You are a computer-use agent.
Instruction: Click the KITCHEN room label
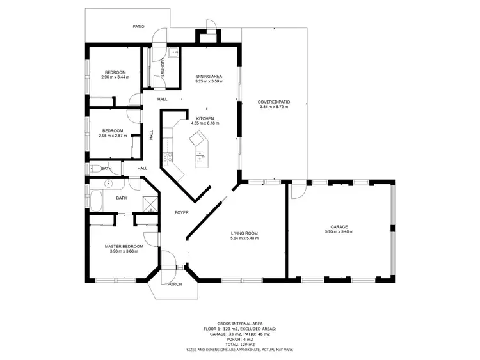point(205,118)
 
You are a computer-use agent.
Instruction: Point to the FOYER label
point(182,212)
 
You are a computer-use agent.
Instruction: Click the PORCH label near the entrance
point(174,284)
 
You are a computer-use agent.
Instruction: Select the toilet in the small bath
point(94,169)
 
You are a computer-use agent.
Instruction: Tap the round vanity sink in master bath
point(109,184)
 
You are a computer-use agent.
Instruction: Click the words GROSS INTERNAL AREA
point(239,324)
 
